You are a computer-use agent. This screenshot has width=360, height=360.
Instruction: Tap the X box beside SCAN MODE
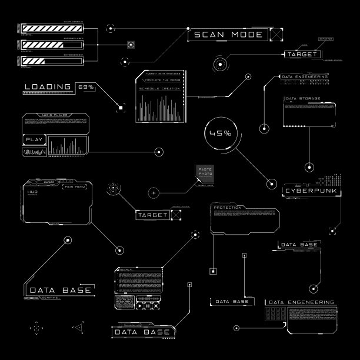(x=276, y=35)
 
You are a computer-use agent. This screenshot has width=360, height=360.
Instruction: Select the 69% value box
(x=86, y=87)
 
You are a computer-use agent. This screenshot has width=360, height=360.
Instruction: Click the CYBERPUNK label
(x=305, y=191)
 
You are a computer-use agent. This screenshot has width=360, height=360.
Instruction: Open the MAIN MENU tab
(x=75, y=186)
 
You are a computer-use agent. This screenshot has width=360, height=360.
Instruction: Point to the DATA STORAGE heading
(x=302, y=99)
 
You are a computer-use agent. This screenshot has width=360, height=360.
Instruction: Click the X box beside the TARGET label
(x=176, y=215)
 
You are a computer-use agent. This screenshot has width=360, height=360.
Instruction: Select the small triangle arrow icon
(x=79, y=325)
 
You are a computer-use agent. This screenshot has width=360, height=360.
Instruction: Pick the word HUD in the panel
(x=32, y=192)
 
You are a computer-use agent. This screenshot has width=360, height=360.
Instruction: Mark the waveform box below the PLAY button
(x=35, y=152)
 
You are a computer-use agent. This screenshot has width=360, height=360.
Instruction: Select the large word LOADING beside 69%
(x=48, y=87)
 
